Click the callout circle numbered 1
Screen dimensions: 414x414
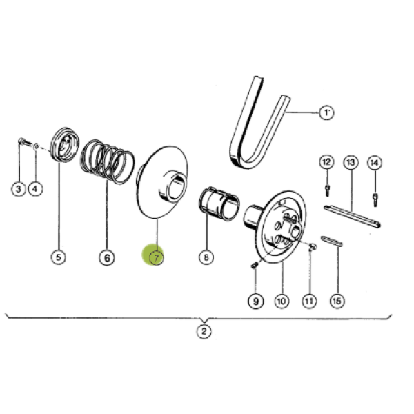coord(325,111)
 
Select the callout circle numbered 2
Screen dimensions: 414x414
coord(204,332)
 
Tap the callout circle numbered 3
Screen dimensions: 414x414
coord(19,188)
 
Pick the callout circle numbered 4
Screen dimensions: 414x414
coord(36,188)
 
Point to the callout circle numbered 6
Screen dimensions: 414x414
coord(106,257)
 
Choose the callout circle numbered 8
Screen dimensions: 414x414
coord(206,257)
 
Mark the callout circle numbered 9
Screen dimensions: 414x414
coord(255,301)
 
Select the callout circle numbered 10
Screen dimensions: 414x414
coord(281,301)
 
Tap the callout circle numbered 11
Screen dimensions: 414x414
coord(308,301)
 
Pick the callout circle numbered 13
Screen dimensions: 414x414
coord(351,162)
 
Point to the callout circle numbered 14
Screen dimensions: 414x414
coord(375,162)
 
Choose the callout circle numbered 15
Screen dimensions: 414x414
coord(337,301)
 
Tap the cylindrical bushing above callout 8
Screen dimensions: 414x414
coord(219,204)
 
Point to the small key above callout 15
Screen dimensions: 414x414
coord(332,241)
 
